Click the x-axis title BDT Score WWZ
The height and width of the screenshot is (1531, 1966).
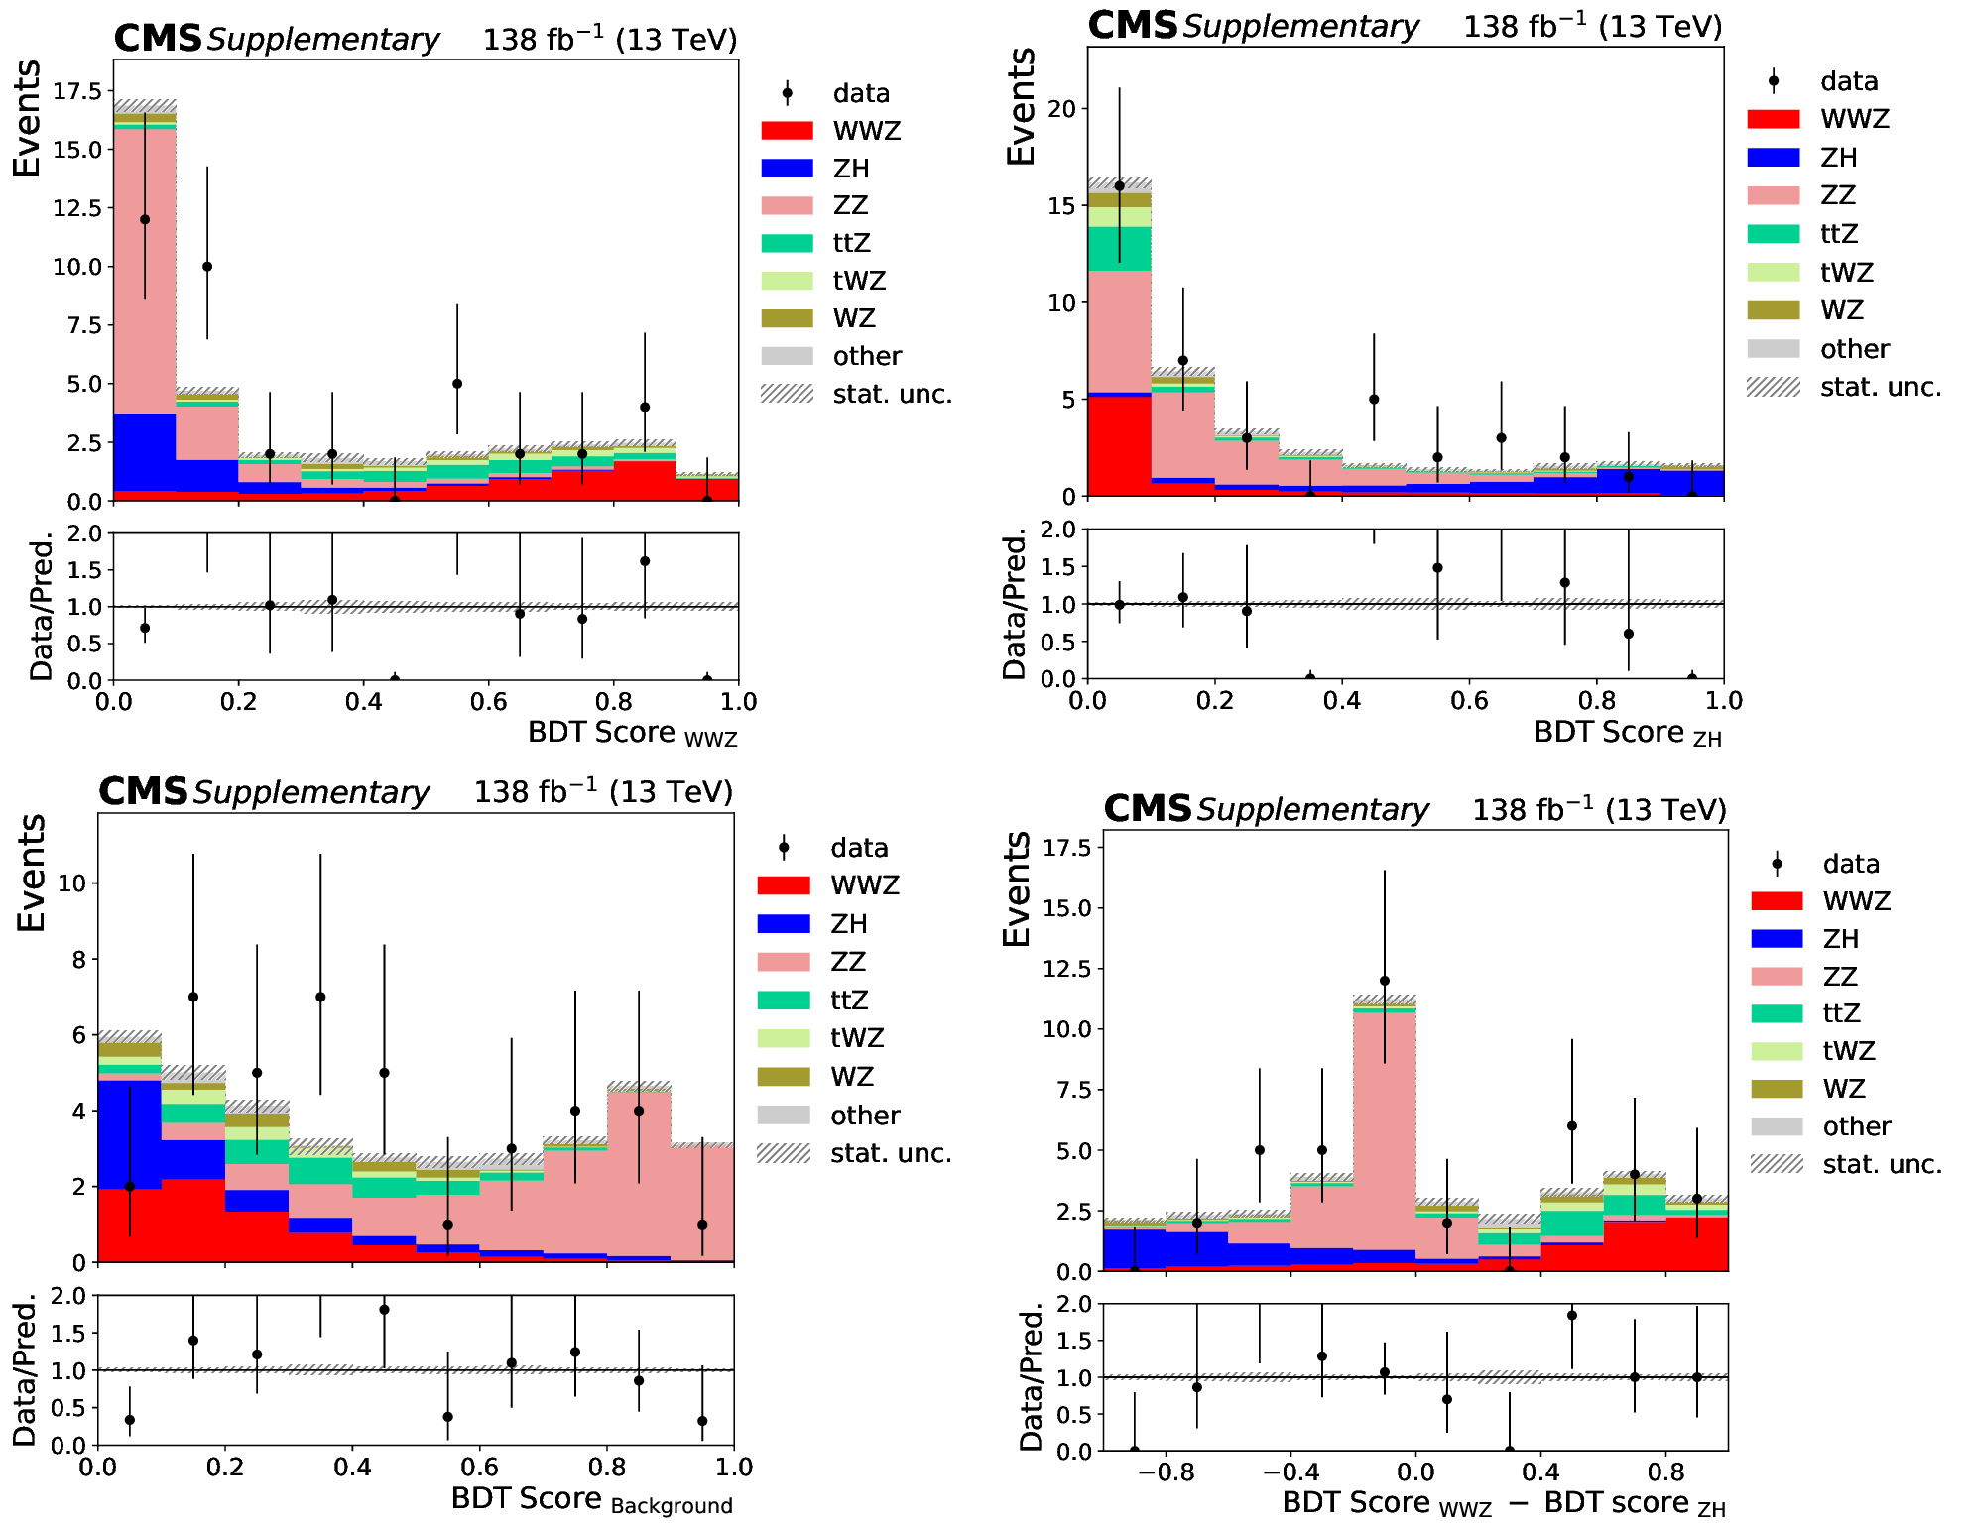click(x=632, y=733)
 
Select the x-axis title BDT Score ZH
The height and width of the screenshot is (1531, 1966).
click(x=1627, y=733)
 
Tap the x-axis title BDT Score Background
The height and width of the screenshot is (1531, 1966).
click(x=591, y=1499)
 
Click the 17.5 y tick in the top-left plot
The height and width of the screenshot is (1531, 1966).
click(x=77, y=91)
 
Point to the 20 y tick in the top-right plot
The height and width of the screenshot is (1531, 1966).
click(x=1062, y=108)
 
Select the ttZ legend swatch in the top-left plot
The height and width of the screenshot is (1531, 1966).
click(x=787, y=243)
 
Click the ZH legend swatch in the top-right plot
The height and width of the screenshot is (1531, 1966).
click(x=1773, y=157)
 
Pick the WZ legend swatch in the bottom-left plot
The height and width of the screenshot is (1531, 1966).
click(x=784, y=1076)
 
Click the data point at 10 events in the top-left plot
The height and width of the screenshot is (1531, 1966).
click(x=207, y=267)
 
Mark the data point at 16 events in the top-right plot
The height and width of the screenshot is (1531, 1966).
click(x=1120, y=186)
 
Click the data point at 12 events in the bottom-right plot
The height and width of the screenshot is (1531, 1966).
click(x=1385, y=981)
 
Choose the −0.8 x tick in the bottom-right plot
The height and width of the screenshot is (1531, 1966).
click(x=1166, y=1472)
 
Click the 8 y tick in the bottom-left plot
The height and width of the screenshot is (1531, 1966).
click(x=78, y=959)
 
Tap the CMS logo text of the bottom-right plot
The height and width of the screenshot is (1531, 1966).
click(x=1148, y=809)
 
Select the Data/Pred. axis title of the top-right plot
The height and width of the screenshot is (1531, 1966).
click(x=1014, y=605)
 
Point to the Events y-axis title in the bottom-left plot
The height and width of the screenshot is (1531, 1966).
click(x=32, y=873)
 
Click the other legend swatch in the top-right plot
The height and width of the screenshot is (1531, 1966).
click(x=1773, y=348)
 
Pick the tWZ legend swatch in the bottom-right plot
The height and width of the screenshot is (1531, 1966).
click(x=1777, y=1051)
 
